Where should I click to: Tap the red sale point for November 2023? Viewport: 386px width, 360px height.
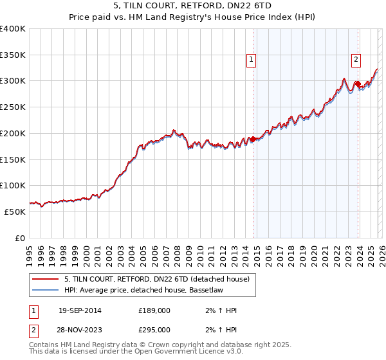[358, 84]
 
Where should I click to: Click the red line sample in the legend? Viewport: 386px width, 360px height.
[45, 280]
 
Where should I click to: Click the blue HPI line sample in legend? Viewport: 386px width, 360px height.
[45, 290]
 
